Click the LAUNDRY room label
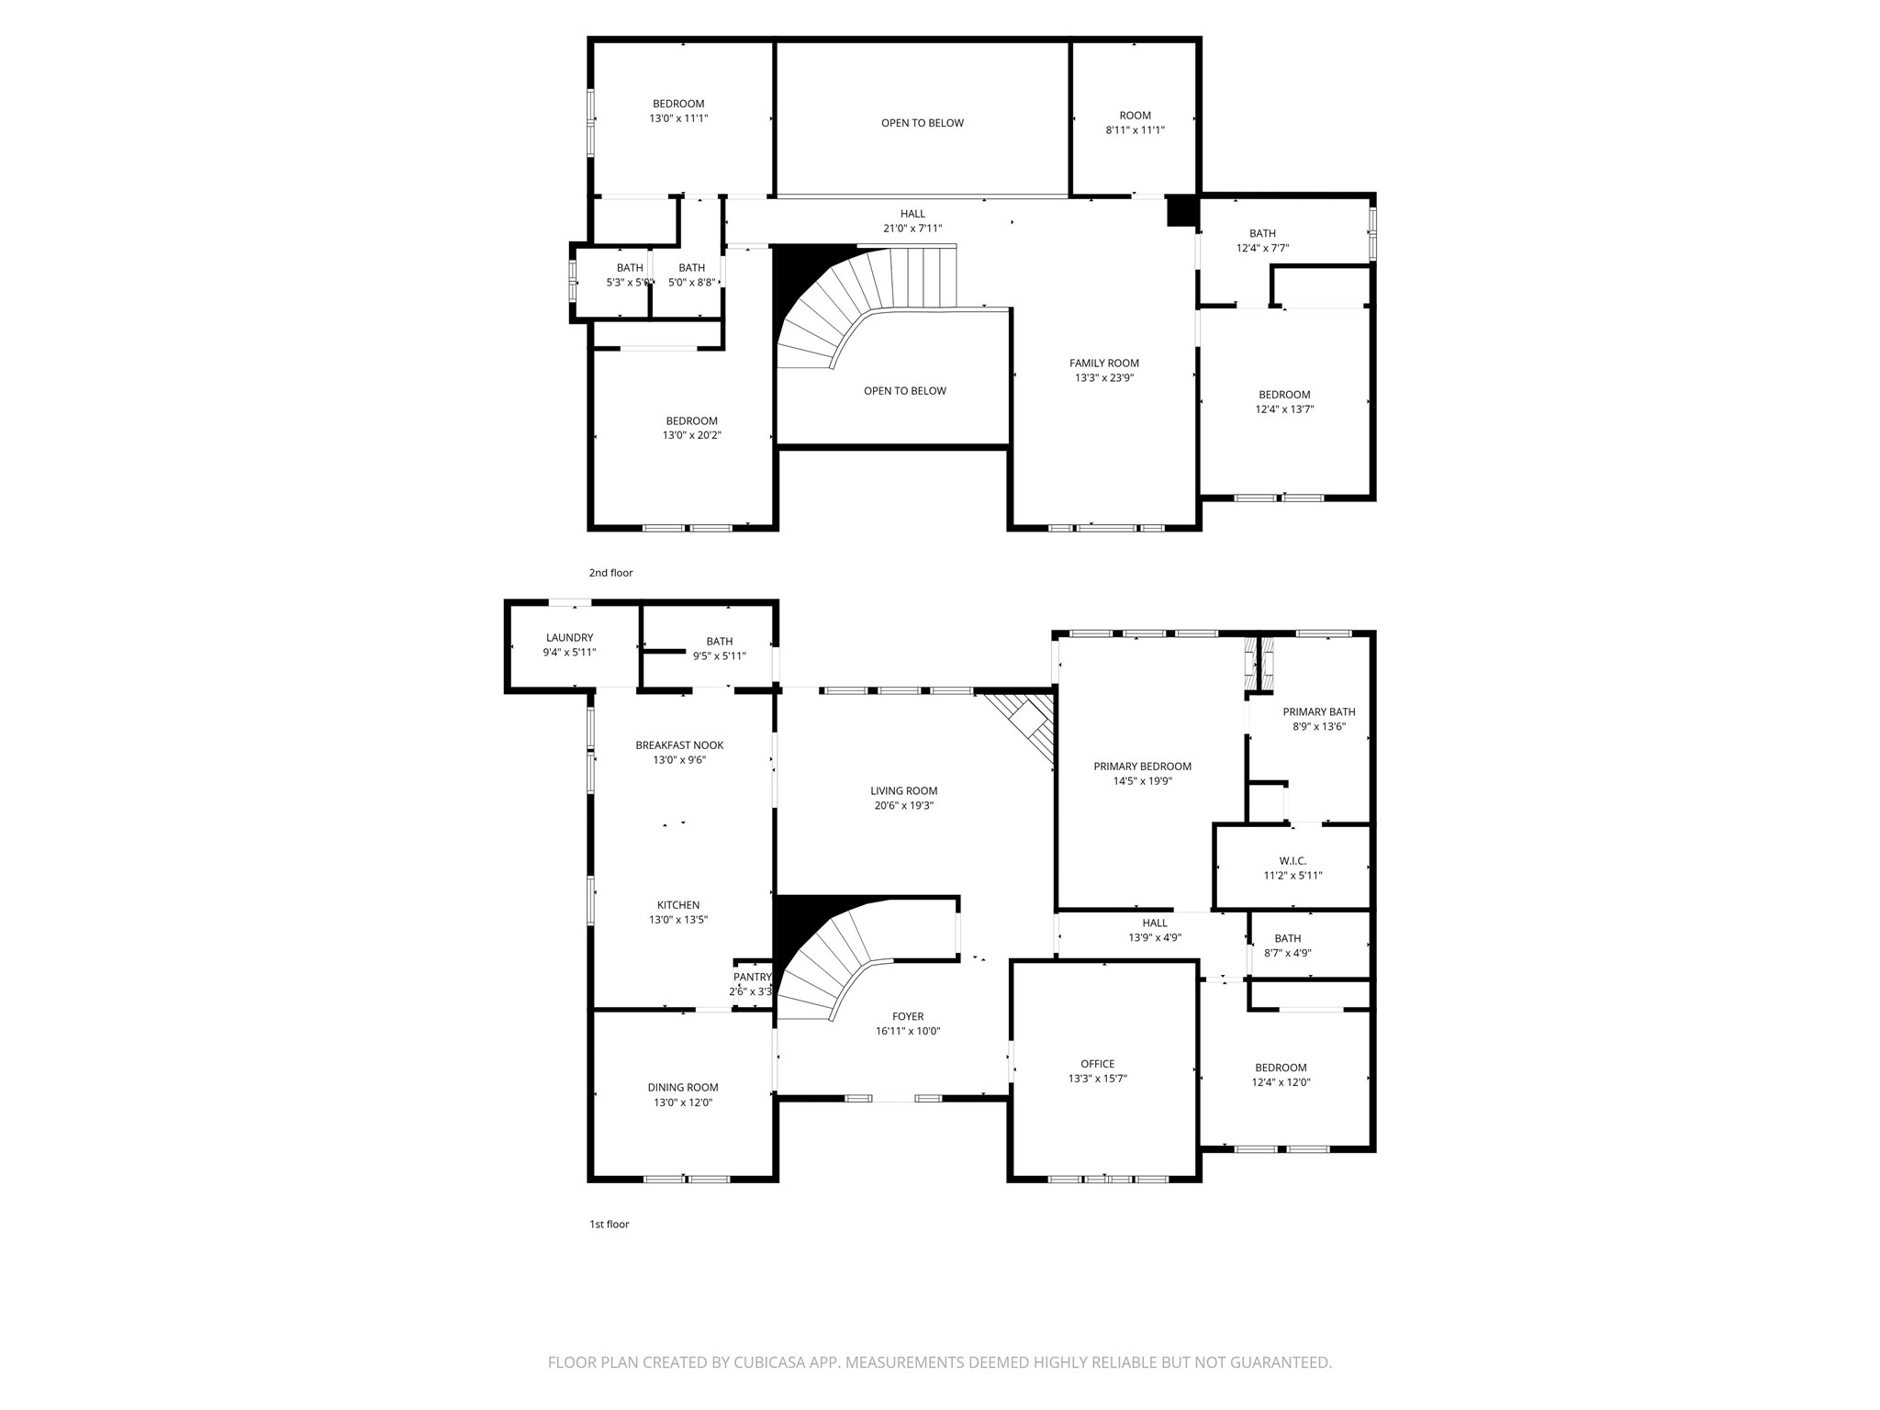[569, 638]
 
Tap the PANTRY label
[752, 977]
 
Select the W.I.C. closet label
[1292, 861]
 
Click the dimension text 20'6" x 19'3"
[903, 806]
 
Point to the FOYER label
[908, 1016]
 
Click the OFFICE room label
[1097, 1064]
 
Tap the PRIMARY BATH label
[1318, 711]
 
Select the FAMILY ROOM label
[1103, 363]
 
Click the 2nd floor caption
[610, 573]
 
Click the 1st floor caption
[609, 1224]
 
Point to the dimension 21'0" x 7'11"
[912, 229]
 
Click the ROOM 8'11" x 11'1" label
[1135, 116]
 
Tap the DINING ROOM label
[683, 1088]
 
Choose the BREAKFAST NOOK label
[679, 745]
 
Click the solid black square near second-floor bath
[1181, 211]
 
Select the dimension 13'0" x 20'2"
[691, 435]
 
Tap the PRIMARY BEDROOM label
[1142, 767]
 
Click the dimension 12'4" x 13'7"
[1284, 409]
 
